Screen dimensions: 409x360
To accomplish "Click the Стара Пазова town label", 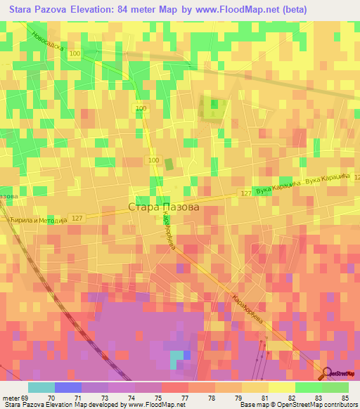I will click(x=164, y=207).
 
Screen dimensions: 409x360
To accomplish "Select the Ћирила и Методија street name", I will click(x=39, y=220).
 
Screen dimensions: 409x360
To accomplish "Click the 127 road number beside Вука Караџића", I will click(x=245, y=193).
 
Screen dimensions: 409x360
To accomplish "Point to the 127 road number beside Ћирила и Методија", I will click(x=77, y=219).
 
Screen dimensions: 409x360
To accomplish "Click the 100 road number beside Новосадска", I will click(x=75, y=53).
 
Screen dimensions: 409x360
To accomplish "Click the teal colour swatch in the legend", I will click(x=41, y=387).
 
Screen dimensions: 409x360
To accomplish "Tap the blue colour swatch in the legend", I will click(x=68, y=387).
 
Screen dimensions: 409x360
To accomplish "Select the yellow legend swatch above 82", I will click(x=282, y=387).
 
